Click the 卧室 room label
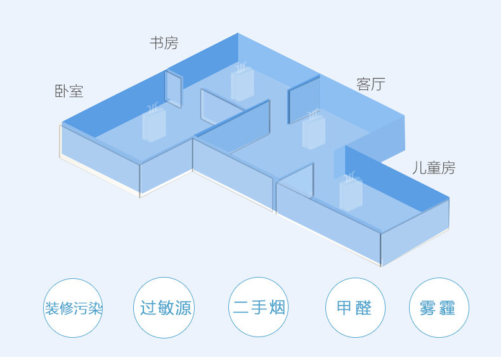(x=69, y=91)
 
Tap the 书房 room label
(x=164, y=43)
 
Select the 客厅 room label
(x=371, y=84)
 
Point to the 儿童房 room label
(x=433, y=168)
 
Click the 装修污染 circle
(x=73, y=309)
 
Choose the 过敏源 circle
(x=166, y=308)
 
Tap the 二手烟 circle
(x=259, y=308)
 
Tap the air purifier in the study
(x=242, y=82)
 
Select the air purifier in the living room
(x=313, y=130)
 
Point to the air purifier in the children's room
(x=350, y=191)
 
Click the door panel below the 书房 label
(x=174, y=89)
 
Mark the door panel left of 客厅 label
(x=304, y=99)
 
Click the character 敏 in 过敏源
(x=166, y=308)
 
